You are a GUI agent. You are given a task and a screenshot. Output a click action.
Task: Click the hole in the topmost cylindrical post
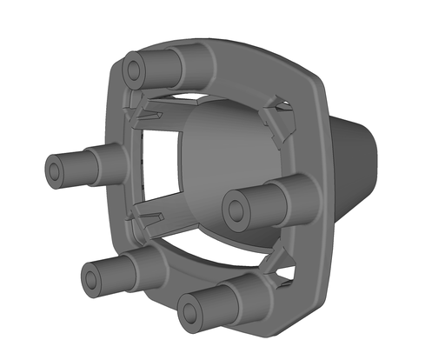[x=134, y=64]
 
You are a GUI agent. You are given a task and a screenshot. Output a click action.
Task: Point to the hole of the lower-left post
[x=93, y=278]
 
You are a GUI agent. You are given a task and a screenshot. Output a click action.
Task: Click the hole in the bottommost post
[x=190, y=310]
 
